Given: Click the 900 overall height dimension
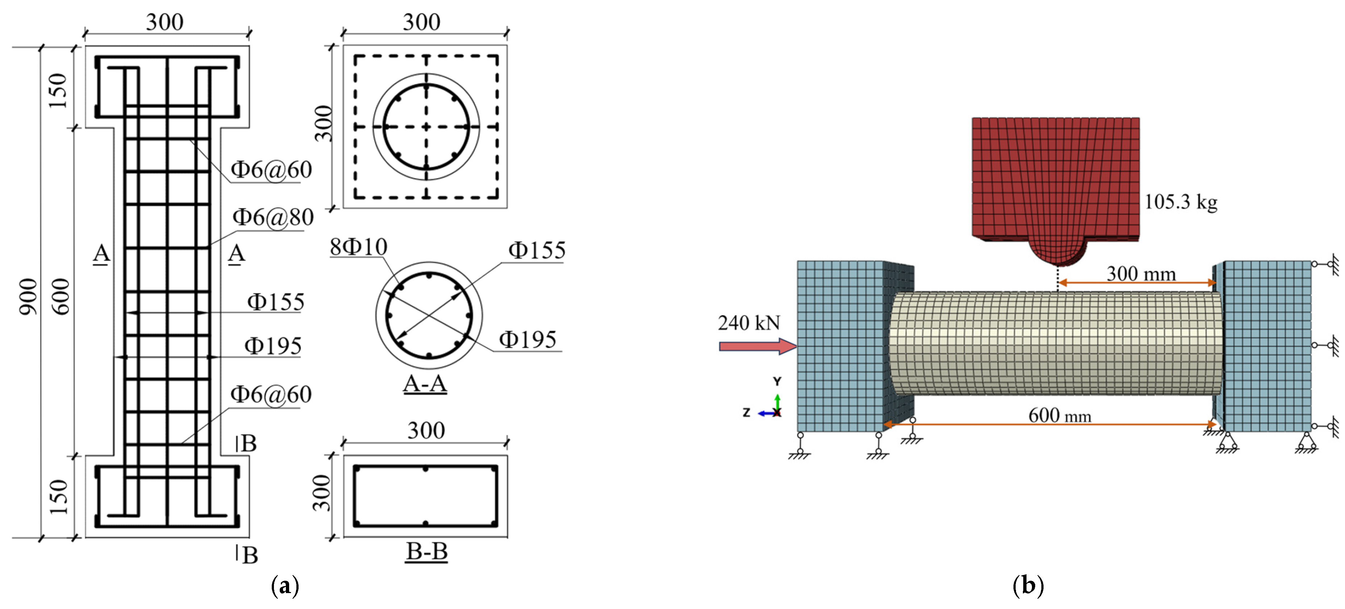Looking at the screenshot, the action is [x=28, y=297].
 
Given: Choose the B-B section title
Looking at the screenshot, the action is [x=426, y=551].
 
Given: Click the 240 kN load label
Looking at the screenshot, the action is [x=749, y=323].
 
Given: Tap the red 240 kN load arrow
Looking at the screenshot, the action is [x=758, y=346].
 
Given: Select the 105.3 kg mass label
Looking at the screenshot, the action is [x=1180, y=202].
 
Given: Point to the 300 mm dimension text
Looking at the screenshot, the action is [x=1141, y=273].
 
